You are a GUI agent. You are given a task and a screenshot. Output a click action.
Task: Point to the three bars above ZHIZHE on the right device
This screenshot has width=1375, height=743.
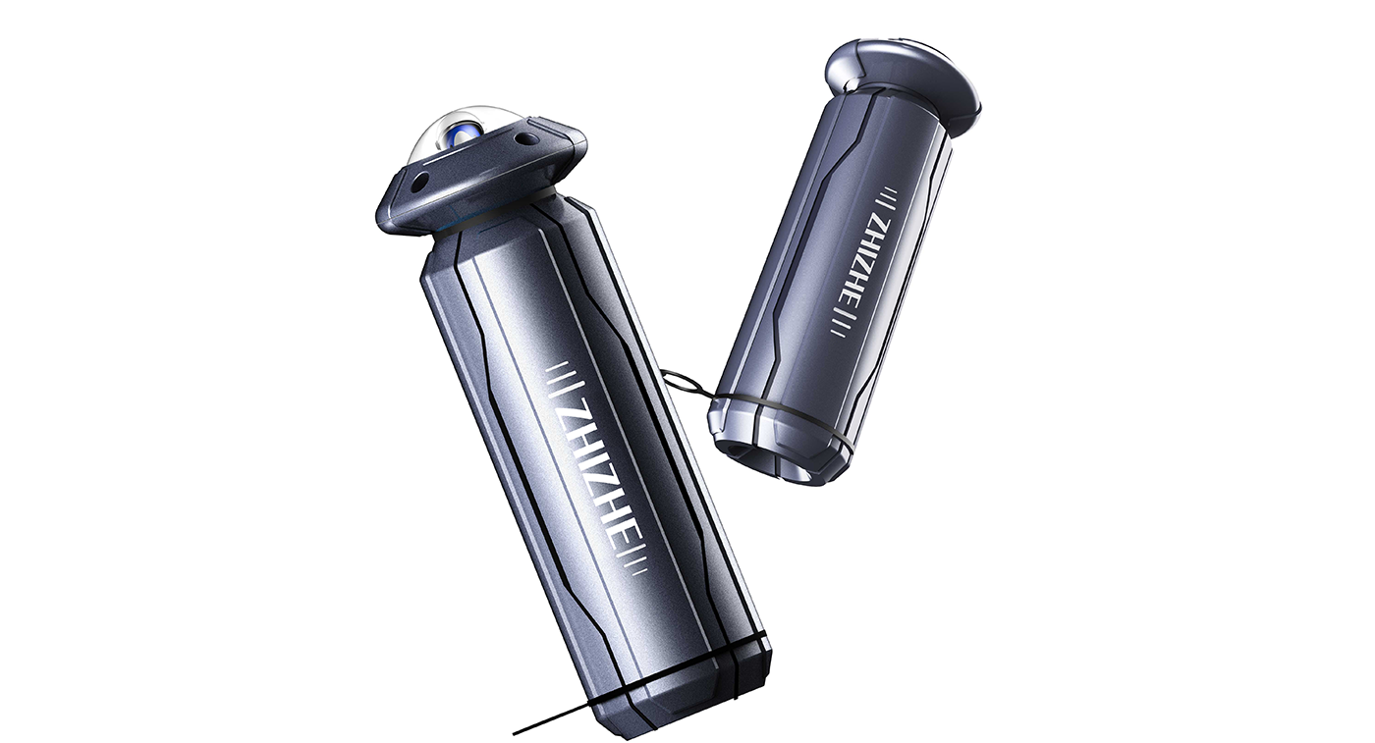886,196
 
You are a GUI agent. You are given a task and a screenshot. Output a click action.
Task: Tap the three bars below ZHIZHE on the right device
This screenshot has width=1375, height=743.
840,320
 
